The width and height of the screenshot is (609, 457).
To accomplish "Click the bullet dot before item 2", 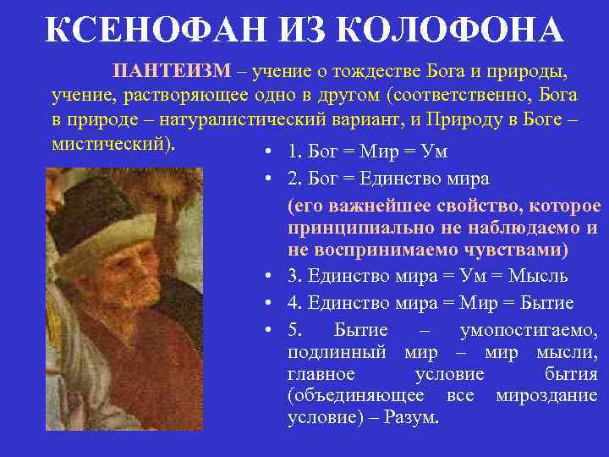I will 266,180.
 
